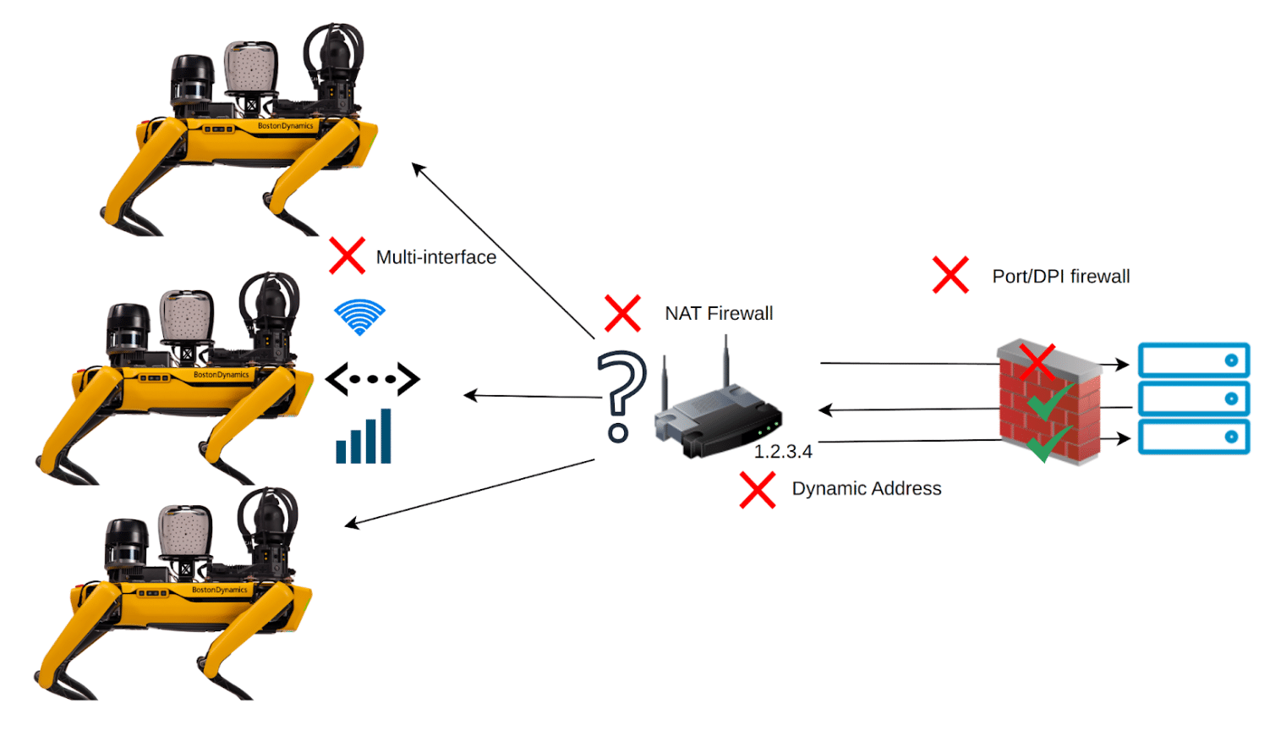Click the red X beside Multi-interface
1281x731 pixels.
point(347,256)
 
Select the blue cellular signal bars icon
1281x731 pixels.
point(364,437)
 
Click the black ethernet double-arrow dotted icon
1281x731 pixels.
point(372,379)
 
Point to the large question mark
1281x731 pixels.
point(621,395)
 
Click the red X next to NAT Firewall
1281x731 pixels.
point(622,313)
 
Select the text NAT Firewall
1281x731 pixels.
point(719,314)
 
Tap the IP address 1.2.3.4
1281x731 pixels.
point(783,452)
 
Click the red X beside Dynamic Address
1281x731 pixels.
point(758,490)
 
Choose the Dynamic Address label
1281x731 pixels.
point(866,489)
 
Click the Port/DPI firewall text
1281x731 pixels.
point(1060,277)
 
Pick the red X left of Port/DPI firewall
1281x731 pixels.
point(950,275)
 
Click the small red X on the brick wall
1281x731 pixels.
point(1037,361)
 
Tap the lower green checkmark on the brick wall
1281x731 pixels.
point(1048,442)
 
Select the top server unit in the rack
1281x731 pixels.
point(1193,360)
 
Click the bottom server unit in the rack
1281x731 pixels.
point(1193,437)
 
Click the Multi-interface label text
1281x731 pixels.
point(435,257)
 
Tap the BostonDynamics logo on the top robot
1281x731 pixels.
point(285,126)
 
